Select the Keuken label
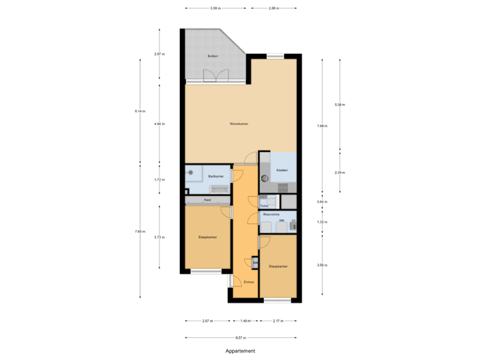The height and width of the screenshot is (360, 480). pyautogui.click(x=281, y=170)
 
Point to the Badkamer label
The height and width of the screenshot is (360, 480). pyautogui.click(x=215, y=176)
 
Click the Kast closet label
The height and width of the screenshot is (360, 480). pyautogui.click(x=207, y=200)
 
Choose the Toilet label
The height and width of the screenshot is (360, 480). pyautogui.click(x=264, y=206)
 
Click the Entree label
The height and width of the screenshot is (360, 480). pyautogui.click(x=248, y=281)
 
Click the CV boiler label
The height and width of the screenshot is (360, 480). pyautogui.click(x=293, y=221)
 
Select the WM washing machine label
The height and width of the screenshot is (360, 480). pyautogui.click(x=281, y=221)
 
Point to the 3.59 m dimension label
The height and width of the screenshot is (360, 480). pyautogui.click(x=215, y=9)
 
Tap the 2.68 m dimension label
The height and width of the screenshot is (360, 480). pyautogui.click(x=273, y=9)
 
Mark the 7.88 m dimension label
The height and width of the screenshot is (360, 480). pyautogui.click(x=320, y=125)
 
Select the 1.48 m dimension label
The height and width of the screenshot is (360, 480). pyautogui.click(x=245, y=321)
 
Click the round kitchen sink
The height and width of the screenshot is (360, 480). pyautogui.click(x=264, y=178)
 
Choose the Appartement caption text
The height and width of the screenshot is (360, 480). pyautogui.click(x=240, y=350)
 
